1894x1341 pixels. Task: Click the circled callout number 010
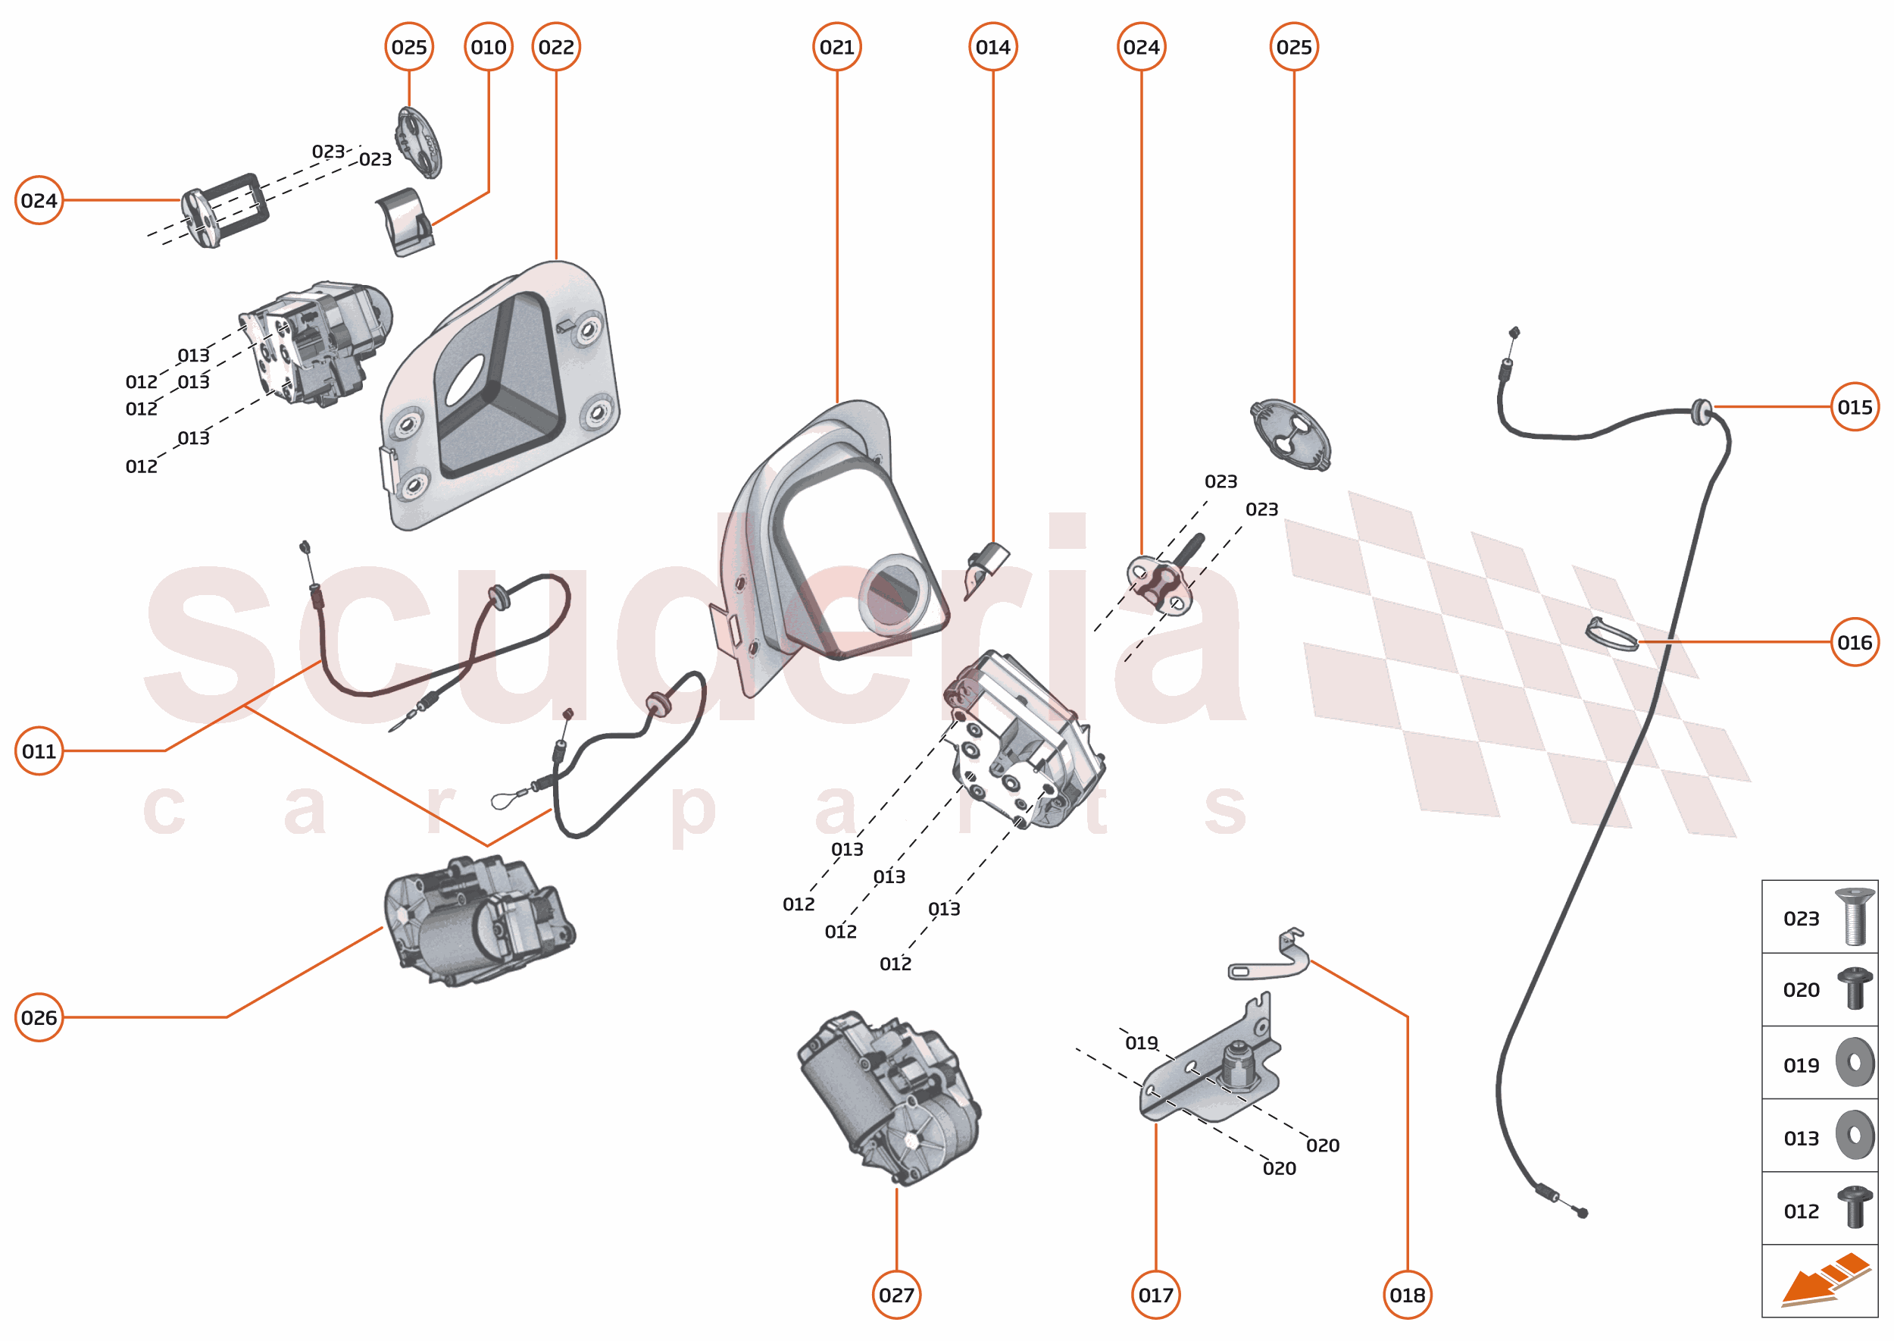tap(489, 47)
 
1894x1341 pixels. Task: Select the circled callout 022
tap(556, 47)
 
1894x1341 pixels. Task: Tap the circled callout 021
tap(837, 47)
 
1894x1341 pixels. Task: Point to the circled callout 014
tap(992, 47)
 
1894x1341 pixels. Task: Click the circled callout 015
tap(1855, 407)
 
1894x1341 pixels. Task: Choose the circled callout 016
tap(1855, 642)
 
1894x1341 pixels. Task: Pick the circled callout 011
tap(39, 751)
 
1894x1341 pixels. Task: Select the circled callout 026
tap(39, 1017)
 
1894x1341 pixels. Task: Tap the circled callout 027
tap(896, 1295)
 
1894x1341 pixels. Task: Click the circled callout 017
tap(1155, 1295)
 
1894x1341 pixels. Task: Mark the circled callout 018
tap(1407, 1295)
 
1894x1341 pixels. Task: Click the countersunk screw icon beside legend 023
tap(1854, 916)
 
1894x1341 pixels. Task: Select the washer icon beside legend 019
tap(1855, 1062)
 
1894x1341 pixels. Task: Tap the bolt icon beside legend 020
tap(1855, 989)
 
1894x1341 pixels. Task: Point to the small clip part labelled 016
tap(1611, 634)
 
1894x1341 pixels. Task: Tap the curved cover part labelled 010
tap(405, 221)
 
